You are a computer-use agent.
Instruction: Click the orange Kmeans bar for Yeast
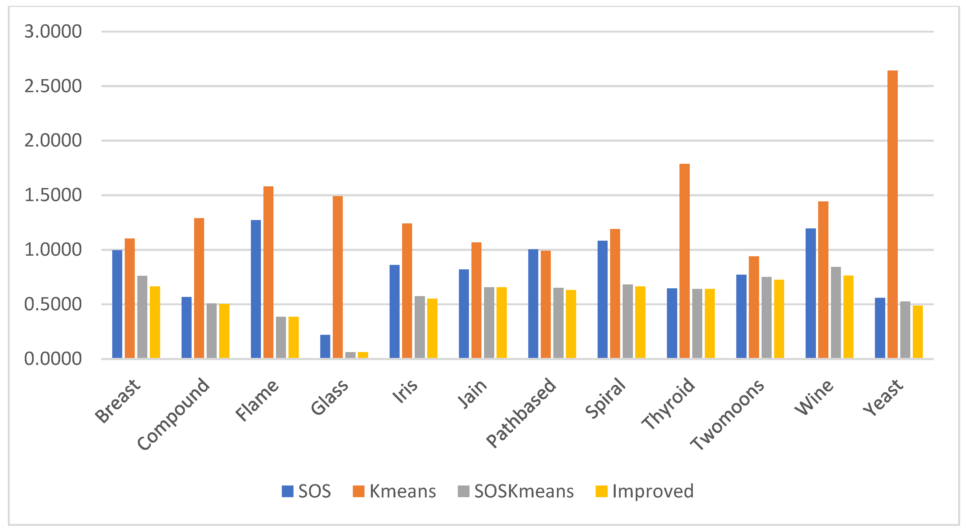point(892,214)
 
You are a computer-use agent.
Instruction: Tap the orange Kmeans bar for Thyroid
point(684,261)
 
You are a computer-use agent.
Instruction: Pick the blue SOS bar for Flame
point(256,289)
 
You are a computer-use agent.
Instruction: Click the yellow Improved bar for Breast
point(155,322)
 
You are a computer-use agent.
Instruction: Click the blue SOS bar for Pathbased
point(533,304)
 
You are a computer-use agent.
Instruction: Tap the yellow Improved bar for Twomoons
point(779,319)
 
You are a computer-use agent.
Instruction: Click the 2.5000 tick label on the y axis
point(53,86)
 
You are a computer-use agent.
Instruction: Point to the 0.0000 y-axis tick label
point(53,359)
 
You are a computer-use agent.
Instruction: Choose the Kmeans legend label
point(402,491)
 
